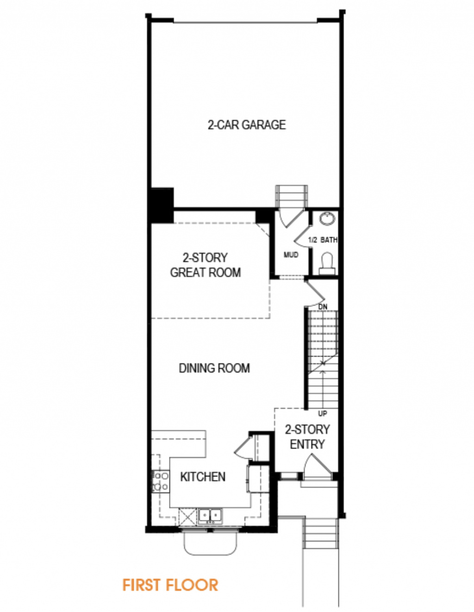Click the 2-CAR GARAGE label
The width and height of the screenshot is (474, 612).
click(247, 125)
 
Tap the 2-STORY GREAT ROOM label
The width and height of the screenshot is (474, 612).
click(206, 265)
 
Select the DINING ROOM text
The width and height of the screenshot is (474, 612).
click(214, 368)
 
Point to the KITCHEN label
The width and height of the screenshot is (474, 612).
click(203, 476)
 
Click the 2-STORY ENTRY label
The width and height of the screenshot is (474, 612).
click(307, 437)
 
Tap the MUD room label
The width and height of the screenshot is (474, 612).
click(291, 255)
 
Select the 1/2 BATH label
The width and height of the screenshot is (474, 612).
click(323, 240)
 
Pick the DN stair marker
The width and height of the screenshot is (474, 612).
click(323, 307)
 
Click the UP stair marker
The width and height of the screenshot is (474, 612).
click(323, 413)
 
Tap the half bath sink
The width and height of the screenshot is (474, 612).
click(327, 219)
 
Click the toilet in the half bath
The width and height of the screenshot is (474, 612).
click(327, 263)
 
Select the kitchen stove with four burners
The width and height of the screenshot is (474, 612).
click(160, 481)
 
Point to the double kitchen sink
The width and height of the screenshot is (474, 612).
click(210, 516)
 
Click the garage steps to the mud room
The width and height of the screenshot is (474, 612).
click(291, 197)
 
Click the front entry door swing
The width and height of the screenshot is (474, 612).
click(318, 465)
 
